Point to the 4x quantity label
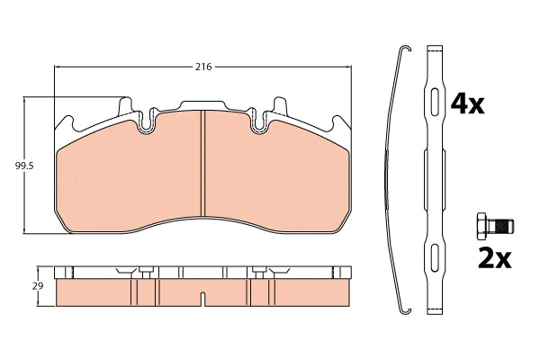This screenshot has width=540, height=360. point(467,104)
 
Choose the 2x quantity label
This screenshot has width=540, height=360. point(493,258)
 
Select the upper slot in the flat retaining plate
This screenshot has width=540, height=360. point(435,100)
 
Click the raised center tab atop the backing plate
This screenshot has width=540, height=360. point(203,104)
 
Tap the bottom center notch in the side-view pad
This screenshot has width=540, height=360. point(203,296)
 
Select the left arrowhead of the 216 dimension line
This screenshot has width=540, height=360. point(58,68)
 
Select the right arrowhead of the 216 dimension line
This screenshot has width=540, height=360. point(347,68)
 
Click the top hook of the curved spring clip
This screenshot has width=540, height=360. point(405,49)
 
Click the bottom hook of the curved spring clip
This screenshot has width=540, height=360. point(405,311)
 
